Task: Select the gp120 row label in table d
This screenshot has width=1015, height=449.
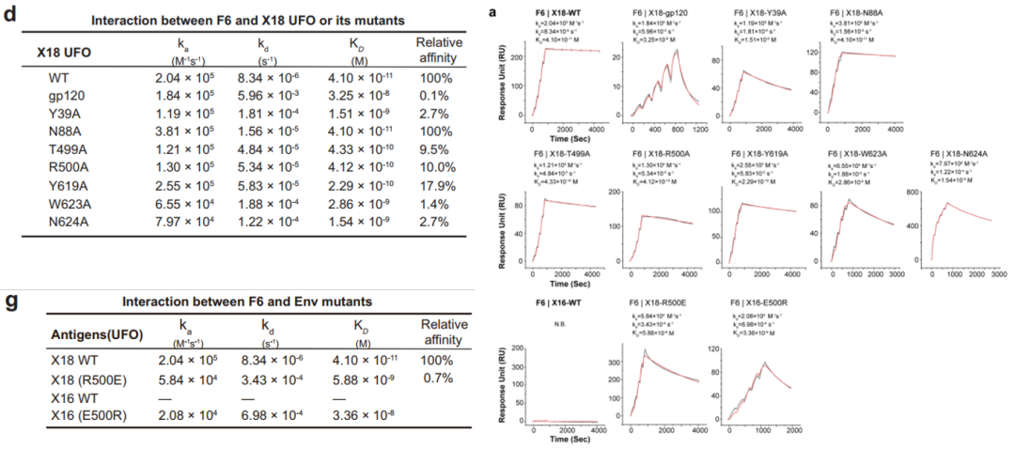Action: point(66,112)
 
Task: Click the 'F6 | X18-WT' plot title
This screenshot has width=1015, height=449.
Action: point(554,11)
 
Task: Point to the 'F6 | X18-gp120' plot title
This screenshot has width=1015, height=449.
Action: point(655,11)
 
